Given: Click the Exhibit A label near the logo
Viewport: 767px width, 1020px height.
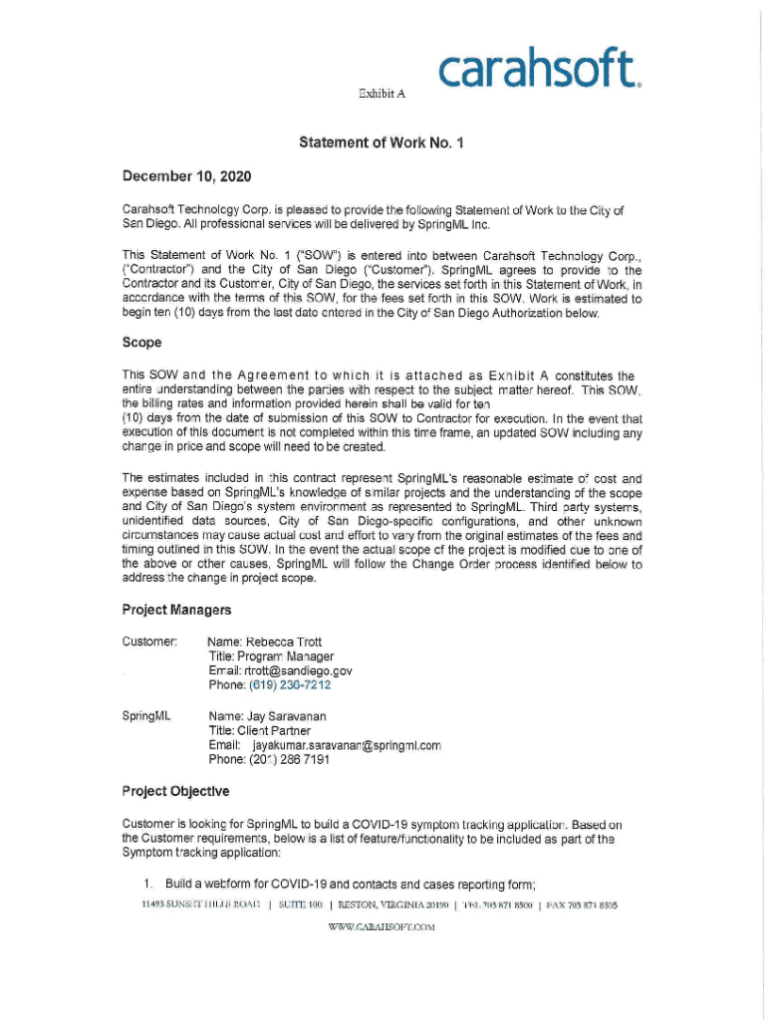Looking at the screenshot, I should click(382, 94).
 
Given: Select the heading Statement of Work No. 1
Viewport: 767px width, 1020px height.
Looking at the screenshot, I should click(383, 143).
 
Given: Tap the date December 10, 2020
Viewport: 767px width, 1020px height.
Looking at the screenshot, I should click(187, 177).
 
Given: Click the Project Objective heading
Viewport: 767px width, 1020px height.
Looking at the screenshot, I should click(175, 791).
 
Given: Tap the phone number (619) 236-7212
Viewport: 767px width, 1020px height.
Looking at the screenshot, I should click(290, 685).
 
